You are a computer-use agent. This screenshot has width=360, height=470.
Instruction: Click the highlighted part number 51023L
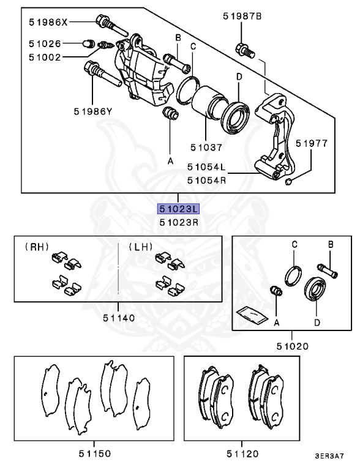click(x=178, y=209)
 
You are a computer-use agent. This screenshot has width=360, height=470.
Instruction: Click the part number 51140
click(x=118, y=318)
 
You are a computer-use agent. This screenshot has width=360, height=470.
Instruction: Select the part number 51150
click(x=94, y=453)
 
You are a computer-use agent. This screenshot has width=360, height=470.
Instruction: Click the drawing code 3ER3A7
click(x=329, y=456)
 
